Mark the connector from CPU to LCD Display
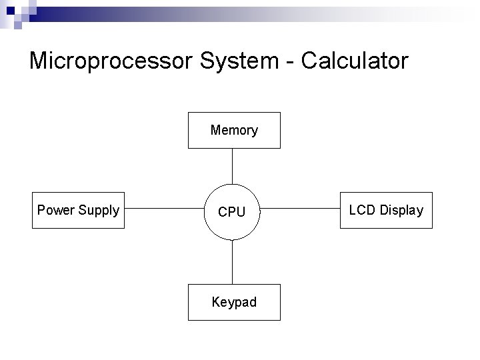[x=300, y=209]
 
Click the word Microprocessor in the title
[x=109, y=61]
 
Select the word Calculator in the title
[x=355, y=61]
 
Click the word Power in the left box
[x=56, y=211]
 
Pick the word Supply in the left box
[x=99, y=211]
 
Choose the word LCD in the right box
[x=362, y=210]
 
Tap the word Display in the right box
[x=401, y=211]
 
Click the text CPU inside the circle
[x=232, y=212]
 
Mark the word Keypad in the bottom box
[x=234, y=303]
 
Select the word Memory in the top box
[x=234, y=130]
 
